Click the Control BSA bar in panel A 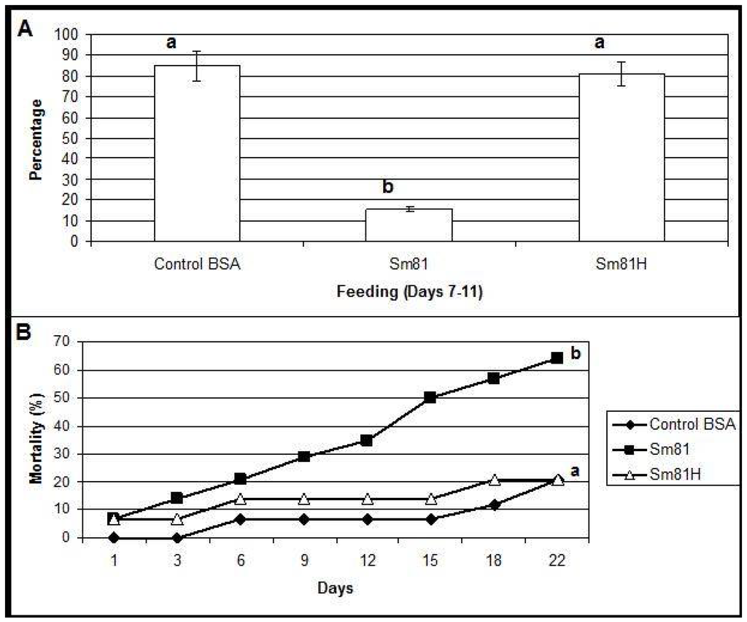click(x=197, y=153)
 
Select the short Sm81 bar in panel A click(x=409, y=226)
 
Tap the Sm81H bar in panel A click(x=622, y=157)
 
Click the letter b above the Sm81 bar click(x=388, y=188)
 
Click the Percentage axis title click(x=37, y=139)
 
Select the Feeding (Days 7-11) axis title click(x=409, y=292)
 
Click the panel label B click(x=24, y=333)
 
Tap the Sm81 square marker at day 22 click(x=557, y=358)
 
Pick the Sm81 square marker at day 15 click(x=430, y=398)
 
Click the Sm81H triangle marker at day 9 click(x=304, y=499)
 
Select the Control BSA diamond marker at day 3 click(x=177, y=537)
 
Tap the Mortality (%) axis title click(x=36, y=439)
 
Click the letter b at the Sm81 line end click(x=576, y=354)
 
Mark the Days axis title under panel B click(x=336, y=586)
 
